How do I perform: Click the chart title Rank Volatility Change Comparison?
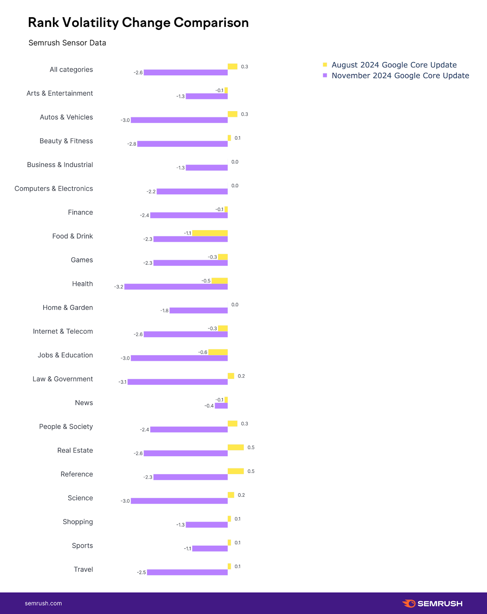tap(138, 23)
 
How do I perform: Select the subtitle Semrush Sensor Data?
tap(67, 43)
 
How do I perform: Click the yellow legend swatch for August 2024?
tap(325, 64)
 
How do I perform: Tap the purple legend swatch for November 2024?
tap(325, 75)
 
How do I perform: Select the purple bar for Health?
tap(176, 287)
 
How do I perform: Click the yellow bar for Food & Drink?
tap(210, 233)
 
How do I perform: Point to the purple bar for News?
tap(221, 406)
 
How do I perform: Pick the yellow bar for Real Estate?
tap(236, 447)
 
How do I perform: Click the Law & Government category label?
tap(63, 379)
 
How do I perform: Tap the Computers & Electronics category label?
tap(54, 189)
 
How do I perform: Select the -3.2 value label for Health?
tap(119, 287)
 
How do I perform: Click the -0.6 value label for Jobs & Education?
tap(203, 352)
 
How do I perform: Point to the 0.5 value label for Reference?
tap(251, 471)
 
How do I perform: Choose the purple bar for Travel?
tap(187, 572)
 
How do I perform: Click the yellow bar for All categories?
tap(232, 66)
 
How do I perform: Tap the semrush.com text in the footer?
tap(43, 603)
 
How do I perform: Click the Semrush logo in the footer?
tap(432, 604)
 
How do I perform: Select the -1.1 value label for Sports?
tap(187, 549)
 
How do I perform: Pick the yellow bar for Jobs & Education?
tap(218, 352)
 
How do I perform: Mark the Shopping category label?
tap(78, 522)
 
